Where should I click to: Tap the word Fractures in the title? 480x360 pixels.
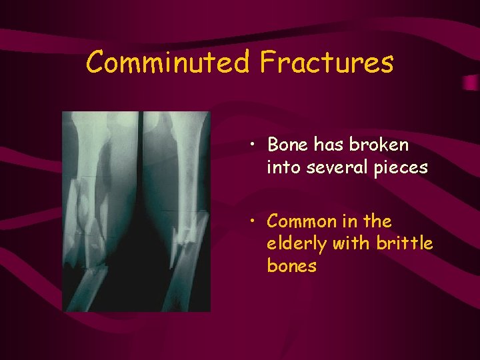coord(327,63)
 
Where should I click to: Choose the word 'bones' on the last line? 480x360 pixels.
coord(291,266)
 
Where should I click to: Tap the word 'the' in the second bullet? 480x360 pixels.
coord(379,221)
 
